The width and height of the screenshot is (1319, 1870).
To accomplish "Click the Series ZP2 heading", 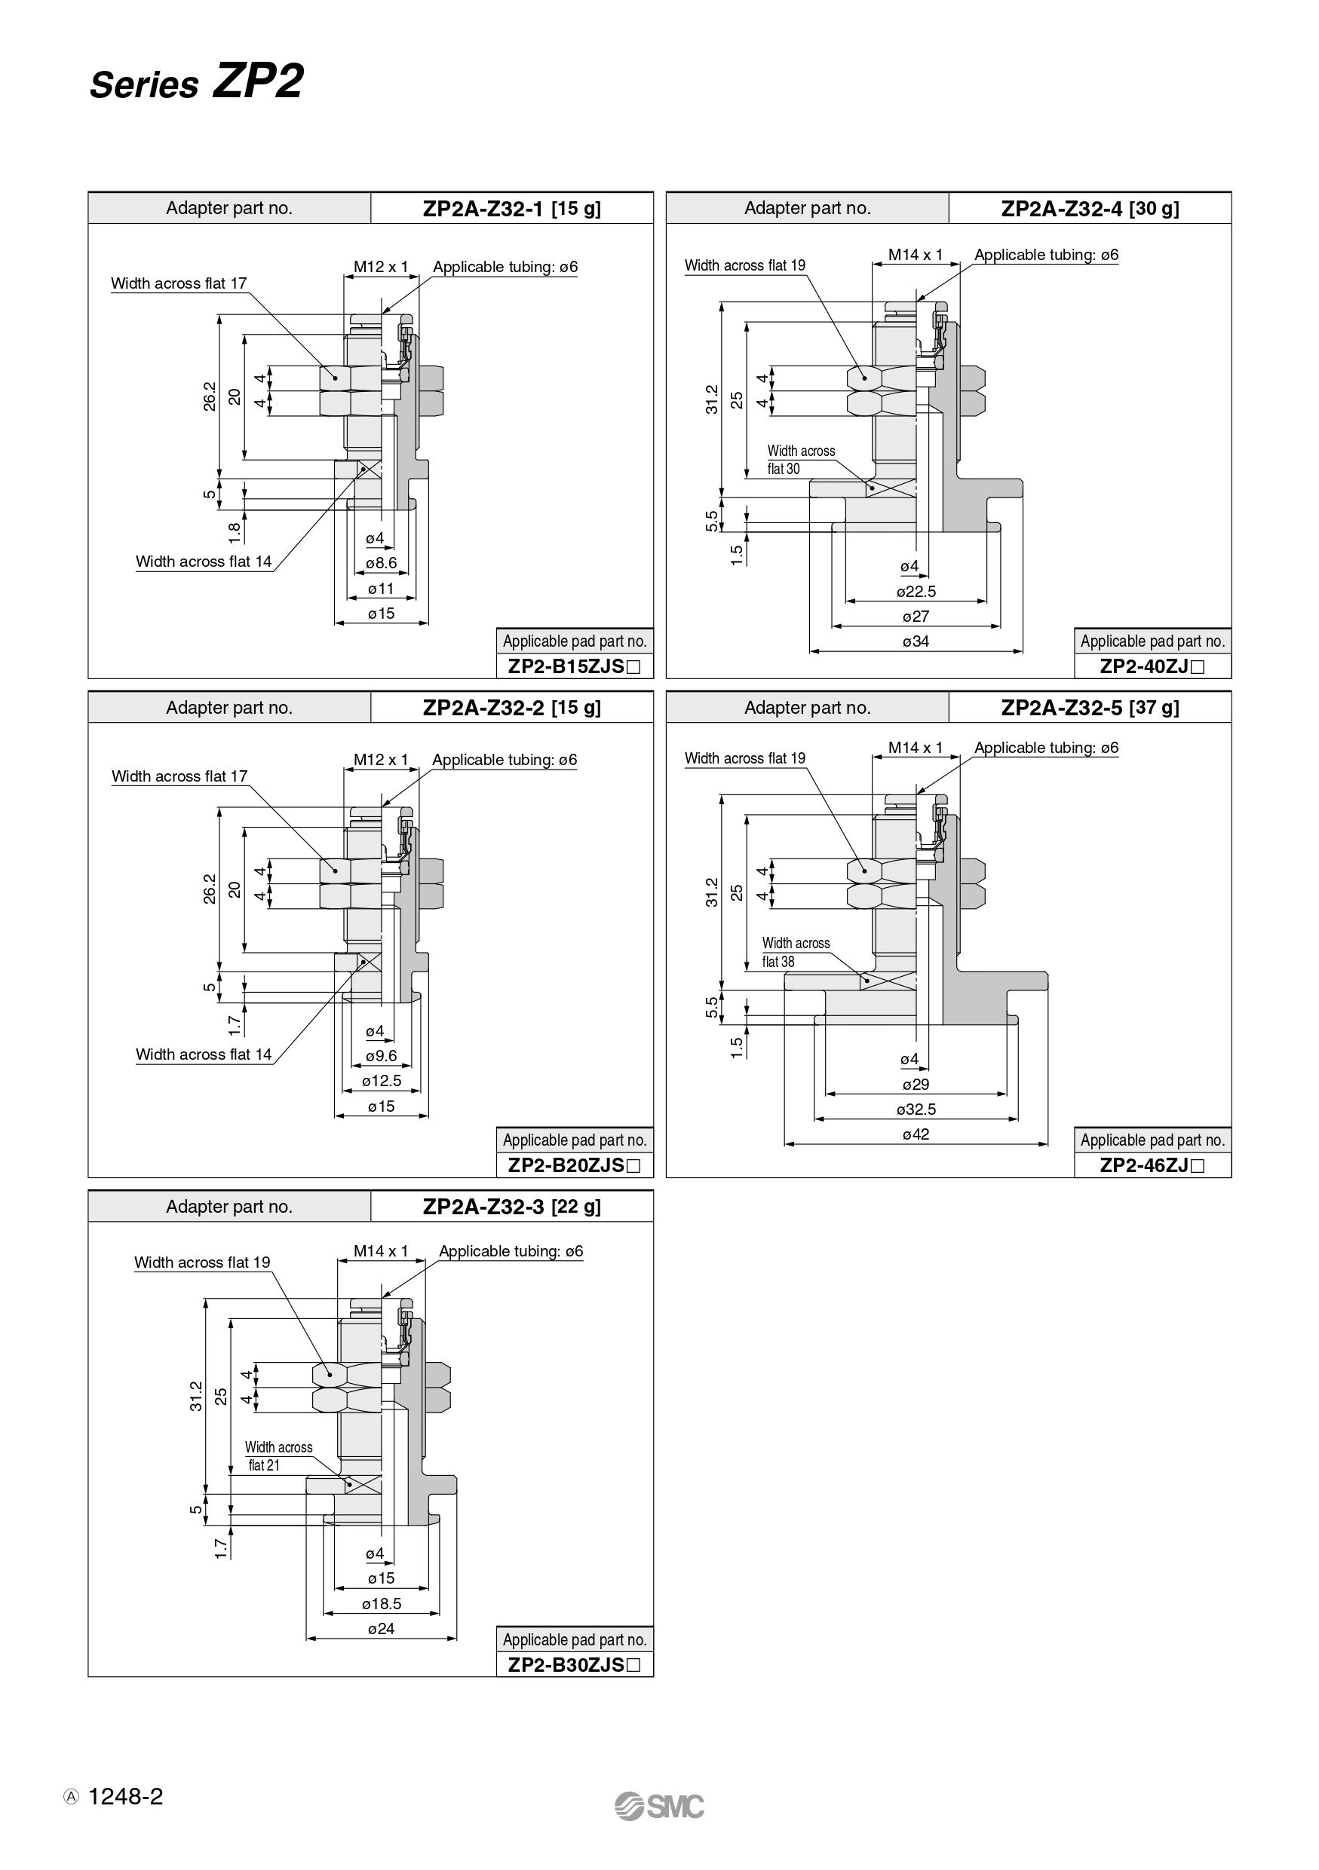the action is [x=196, y=82].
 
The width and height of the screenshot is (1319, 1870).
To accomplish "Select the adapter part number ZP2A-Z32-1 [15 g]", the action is [x=511, y=209].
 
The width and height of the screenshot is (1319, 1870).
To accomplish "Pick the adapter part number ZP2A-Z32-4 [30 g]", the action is [x=1090, y=209].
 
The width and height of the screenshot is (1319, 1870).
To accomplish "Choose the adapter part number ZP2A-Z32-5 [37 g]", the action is [x=1090, y=708].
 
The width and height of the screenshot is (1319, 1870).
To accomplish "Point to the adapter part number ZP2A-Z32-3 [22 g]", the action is [x=511, y=1207].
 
